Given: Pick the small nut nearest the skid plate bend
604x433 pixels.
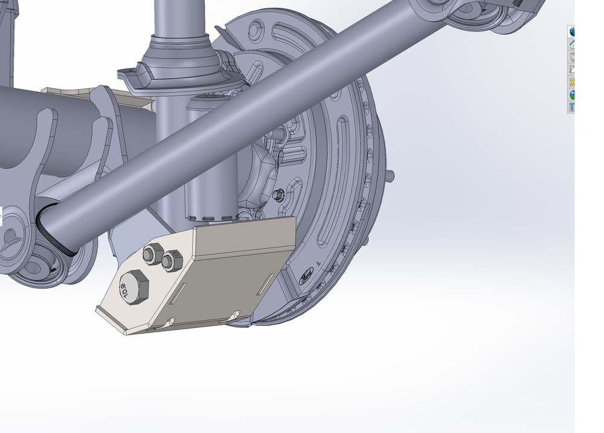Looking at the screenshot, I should (x=172, y=260).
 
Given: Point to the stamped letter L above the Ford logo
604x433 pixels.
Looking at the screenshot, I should (x=318, y=264).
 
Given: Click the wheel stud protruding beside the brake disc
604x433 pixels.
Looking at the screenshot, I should (x=391, y=176).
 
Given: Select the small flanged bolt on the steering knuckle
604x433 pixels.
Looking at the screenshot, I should (x=279, y=194).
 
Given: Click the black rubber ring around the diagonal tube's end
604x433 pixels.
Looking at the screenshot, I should (x=56, y=231).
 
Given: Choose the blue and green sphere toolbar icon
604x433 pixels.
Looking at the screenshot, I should (x=571, y=94).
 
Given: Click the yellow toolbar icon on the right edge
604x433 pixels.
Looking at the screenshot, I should (x=571, y=82).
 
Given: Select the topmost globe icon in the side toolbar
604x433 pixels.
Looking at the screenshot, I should (x=571, y=32).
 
